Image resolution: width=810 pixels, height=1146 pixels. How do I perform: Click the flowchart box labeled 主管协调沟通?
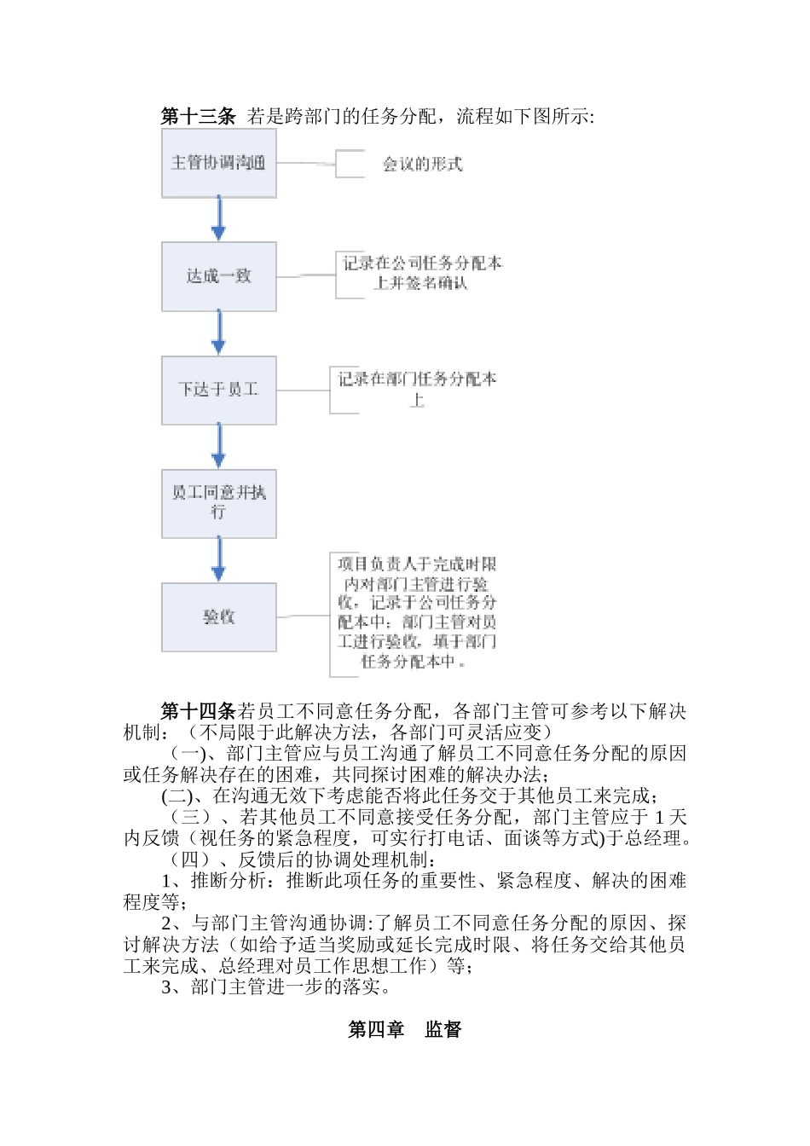tap(219, 163)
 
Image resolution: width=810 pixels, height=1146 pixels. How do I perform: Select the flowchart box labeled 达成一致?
tap(219, 276)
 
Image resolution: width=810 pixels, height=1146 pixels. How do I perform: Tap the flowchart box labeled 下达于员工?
tap(219, 390)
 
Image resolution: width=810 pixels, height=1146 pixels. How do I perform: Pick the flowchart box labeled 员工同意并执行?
tap(219, 503)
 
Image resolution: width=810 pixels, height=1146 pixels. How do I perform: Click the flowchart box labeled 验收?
tap(219, 616)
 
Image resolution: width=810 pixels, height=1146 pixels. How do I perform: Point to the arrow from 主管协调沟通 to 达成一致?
tap(219, 220)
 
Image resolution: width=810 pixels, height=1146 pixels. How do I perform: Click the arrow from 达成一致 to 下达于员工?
tap(219, 333)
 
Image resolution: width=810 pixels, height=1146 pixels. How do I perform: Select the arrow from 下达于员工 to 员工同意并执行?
tap(219, 447)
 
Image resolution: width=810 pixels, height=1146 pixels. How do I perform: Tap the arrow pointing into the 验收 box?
tap(219, 560)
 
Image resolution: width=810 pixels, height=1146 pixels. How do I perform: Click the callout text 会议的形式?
tap(422, 164)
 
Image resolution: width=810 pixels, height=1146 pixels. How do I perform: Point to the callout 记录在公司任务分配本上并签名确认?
tap(421, 274)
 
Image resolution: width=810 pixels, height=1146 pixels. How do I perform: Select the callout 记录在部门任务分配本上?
tap(418, 389)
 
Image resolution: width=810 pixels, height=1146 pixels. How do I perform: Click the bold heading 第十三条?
tap(198, 117)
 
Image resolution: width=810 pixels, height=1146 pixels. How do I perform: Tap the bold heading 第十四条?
tap(198, 712)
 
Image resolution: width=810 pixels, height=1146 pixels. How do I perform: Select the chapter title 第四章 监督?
tap(405, 1029)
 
